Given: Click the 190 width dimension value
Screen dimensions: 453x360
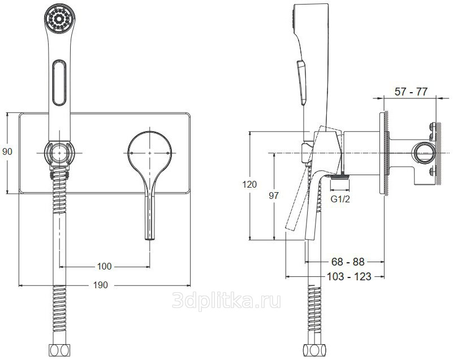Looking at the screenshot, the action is coord(100,285).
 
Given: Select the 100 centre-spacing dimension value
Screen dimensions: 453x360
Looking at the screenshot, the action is coord(104,266).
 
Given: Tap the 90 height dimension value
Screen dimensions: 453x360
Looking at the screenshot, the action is coord(7,151).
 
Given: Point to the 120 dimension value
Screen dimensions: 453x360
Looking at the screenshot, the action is coord(249,184).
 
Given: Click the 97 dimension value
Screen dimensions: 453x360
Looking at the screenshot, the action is coord(274,196).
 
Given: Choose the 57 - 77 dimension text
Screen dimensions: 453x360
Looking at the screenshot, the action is coord(411,92).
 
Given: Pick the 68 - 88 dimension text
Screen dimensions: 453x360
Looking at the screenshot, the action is coord(348,262).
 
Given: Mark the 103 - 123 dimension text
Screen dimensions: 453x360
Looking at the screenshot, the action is coord(349,276).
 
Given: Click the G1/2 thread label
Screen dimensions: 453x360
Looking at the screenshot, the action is coord(340,199).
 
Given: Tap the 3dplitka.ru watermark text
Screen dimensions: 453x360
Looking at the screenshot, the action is coord(226,301).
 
